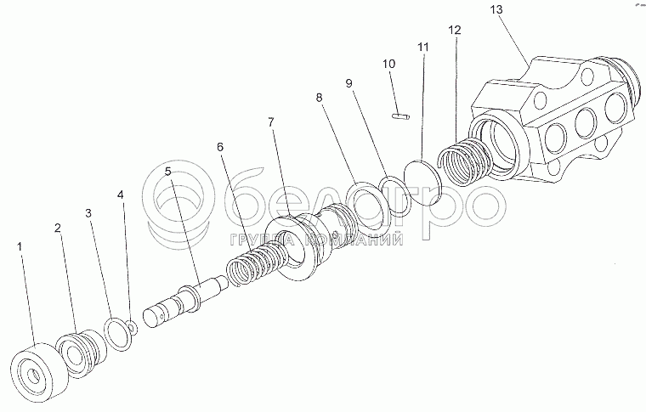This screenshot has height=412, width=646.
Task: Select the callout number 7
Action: pyautogui.click(x=271, y=122)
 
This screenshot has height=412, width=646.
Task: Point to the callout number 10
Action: pyautogui.click(x=388, y=64)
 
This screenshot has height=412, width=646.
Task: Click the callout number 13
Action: pyautogui.click(x=496, y=9)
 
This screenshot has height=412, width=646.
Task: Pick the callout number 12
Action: pyautogui.click(x=455, y=30)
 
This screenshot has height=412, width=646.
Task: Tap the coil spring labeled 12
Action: pyautogui.click(x=462, y=160)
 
